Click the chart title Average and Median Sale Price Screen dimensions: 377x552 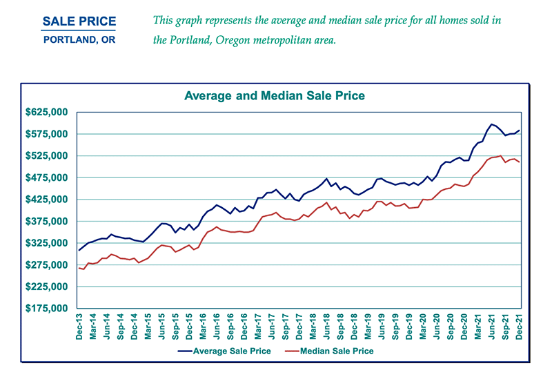(274, 95)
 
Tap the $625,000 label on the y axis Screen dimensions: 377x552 (46, 112)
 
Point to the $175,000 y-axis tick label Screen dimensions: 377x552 (46, 309)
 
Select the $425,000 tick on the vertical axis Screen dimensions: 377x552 (46, 200)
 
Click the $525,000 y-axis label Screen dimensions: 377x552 (46, 156)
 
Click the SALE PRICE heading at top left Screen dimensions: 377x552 (79, 23)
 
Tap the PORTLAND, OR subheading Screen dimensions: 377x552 (79, 39)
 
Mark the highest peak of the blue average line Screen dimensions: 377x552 (492, 124)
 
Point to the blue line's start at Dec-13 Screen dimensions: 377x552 (79, 250)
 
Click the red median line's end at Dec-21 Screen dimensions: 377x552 (520, 162)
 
